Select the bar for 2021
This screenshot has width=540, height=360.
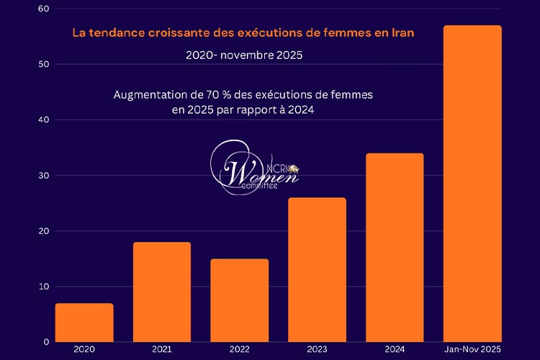pyautogui.click(x=162, y=292)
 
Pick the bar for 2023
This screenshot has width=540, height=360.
pyautogui.click(x=317, y=269)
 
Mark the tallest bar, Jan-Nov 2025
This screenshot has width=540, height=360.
pyautogui.click(x=472, y=184)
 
